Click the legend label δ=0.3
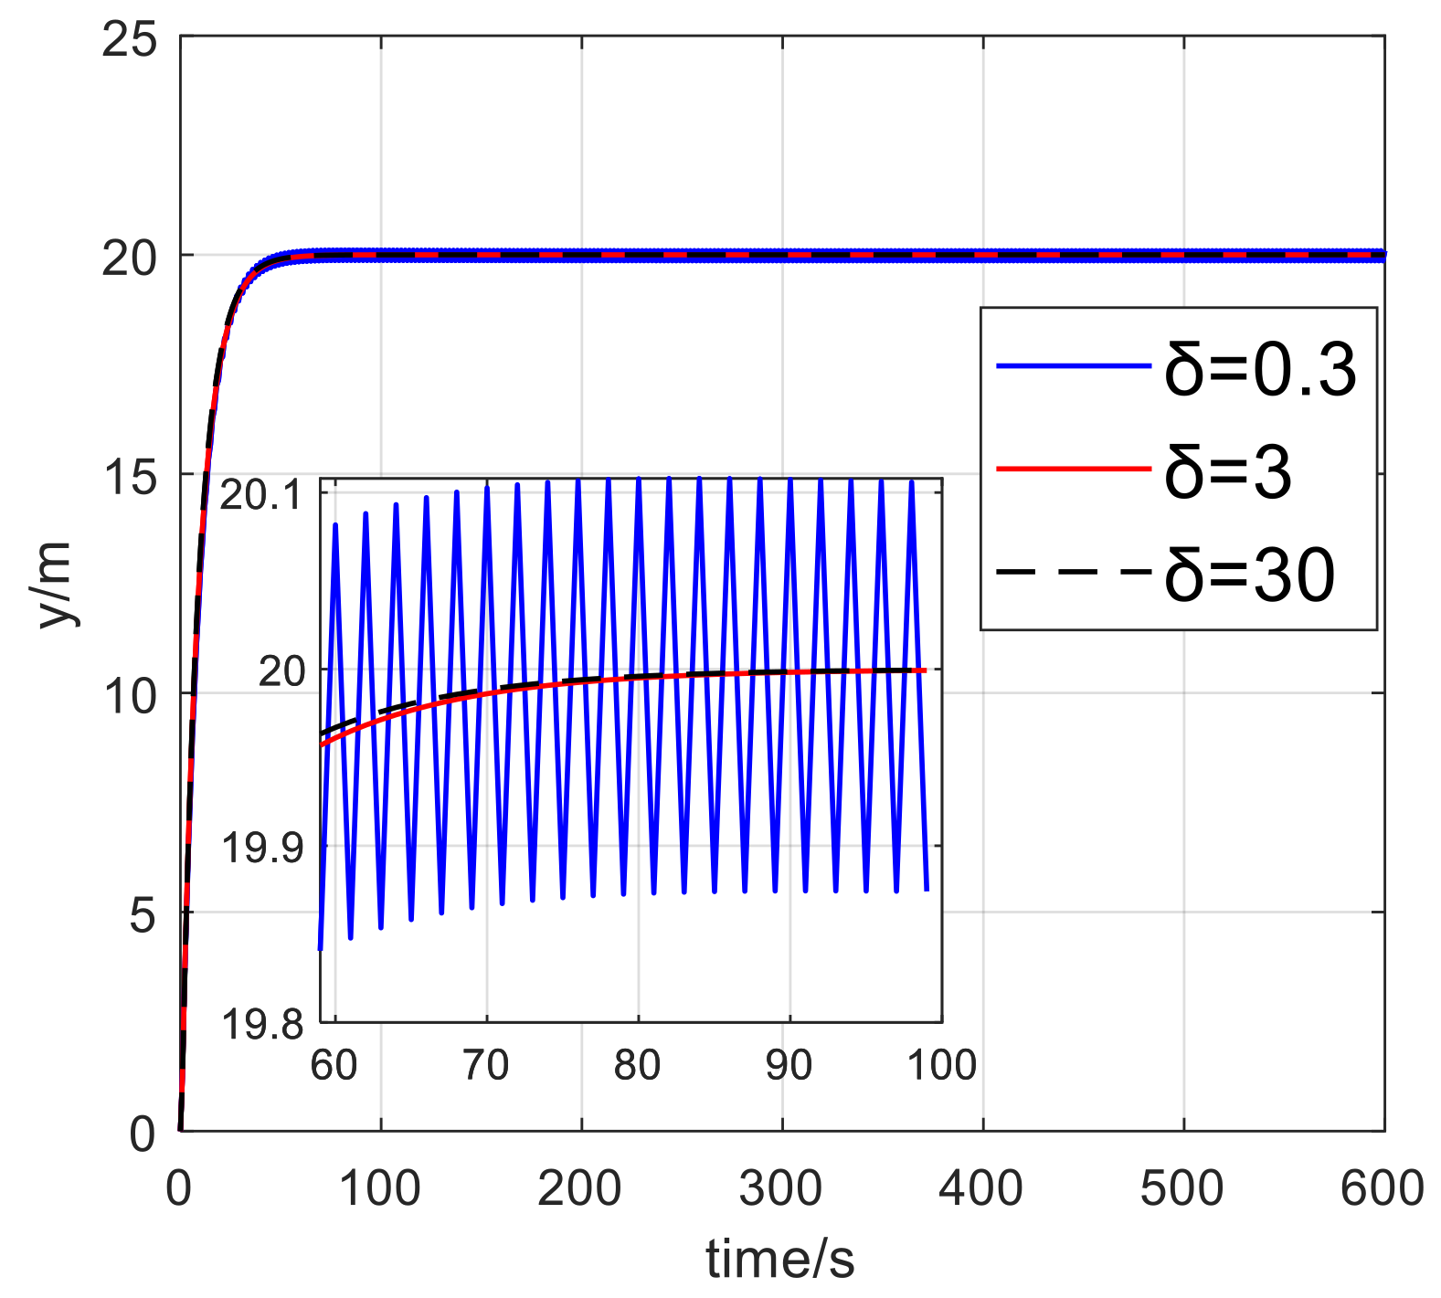[x=1259, y=371]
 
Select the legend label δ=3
[x=1227, y=472]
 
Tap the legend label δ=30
[x=1249, y=575]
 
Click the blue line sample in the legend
[x=1073, y=366]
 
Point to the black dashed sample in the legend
[x=1073, y=573]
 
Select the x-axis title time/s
[x=779, y=1259]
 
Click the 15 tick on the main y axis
[x=129, y=476]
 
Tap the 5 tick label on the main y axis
[x=143, y=913]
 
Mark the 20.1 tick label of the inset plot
[x=260, y=496]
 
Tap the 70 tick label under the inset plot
[x=485, y=1065]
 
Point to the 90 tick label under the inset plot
[x=789, y=1065]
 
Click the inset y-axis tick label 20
[x=281, y=671]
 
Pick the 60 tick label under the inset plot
[x=334, y=1065]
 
